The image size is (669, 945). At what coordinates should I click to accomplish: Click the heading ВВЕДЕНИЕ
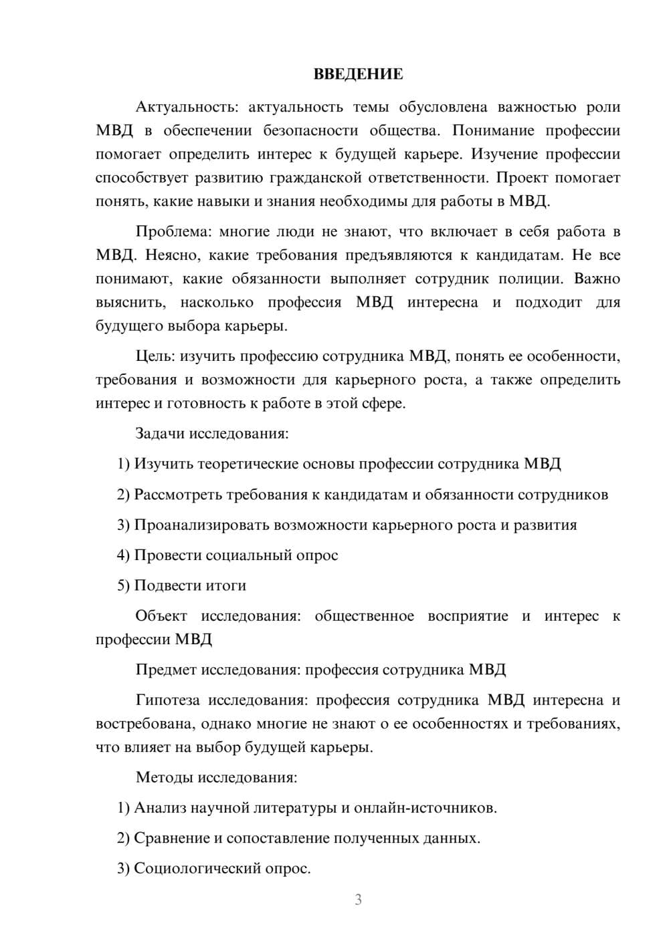(x=358, y=74)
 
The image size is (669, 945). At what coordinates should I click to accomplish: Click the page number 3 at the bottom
(x=358, y=900)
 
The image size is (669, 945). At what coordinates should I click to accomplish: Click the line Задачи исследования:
(x=211, y=433)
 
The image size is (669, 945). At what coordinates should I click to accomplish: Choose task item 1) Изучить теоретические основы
(x=339, y=464)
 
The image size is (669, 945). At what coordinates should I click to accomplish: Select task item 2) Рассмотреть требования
(x=363, y=495)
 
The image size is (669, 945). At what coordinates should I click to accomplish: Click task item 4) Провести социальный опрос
(x=227, y=555)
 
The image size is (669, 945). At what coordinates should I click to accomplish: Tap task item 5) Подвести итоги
(x=182, y=585)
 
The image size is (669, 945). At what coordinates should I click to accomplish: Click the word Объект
(x=161, y=616)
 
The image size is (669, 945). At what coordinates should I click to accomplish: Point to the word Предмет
(x=166, y=670)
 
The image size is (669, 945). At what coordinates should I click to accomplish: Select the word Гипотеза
(x=167, y=700)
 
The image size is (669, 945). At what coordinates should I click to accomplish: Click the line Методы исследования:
(x=216, y=777)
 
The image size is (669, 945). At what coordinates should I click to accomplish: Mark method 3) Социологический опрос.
(x=214, y=869)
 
